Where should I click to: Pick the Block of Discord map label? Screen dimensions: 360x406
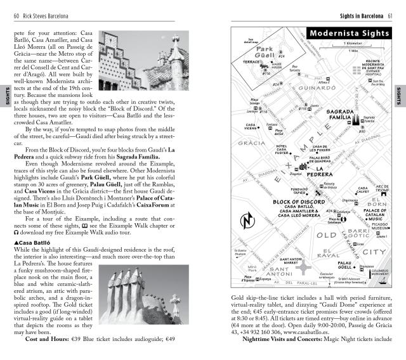298,201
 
